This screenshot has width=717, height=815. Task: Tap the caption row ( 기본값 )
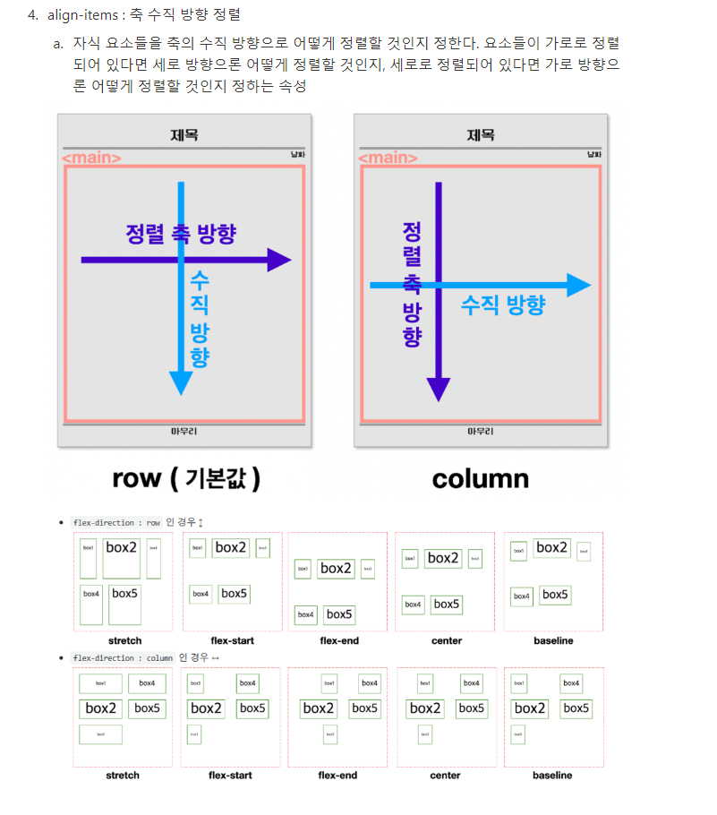pyautogui.click(x=186, y=478)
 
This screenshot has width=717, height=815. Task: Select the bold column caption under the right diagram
pyautogui.click(x=480, y=479)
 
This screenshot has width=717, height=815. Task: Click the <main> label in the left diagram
pyautogui.click(x=91, y=159)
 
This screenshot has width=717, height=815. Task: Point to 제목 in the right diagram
pyautogui.click(x=481, y=135)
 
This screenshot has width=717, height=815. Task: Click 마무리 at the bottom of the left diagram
pyautogui.click(x=184, y=431)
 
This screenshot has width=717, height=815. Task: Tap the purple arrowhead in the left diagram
pyautogui.click(x=279, y=261)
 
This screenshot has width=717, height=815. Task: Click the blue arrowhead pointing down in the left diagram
pyautogui.click(x=181, y=383)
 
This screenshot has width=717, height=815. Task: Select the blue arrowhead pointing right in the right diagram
pyautogui.click(x=578, y=286)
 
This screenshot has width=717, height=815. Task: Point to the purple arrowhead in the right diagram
pyautogui.click(x=438, y=390)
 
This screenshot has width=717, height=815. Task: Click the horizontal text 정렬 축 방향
pyautogui.click(x=181, y=234)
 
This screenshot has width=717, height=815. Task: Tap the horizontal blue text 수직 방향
pyautogui.click(x=502, y=305)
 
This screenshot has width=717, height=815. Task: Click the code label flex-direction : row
pyautogui.click(x=116, y=522)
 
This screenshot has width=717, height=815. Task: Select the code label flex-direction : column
pyautogui.click(x=123, y=657)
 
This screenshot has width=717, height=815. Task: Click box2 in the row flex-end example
pyautogui.click(x=337, y=568)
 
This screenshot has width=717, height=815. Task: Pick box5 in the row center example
pyautogui.click(x=446, y=605)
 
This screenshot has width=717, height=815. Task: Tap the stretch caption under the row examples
pyautogui.click(x=124, y=640)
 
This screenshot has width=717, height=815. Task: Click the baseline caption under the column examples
pyautogui.click(x=552, y=775)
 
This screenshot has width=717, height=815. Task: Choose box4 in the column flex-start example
pyautogui.click(x=248, y=683)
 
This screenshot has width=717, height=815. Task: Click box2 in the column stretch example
pyautogui.click(x=100, y=708)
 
